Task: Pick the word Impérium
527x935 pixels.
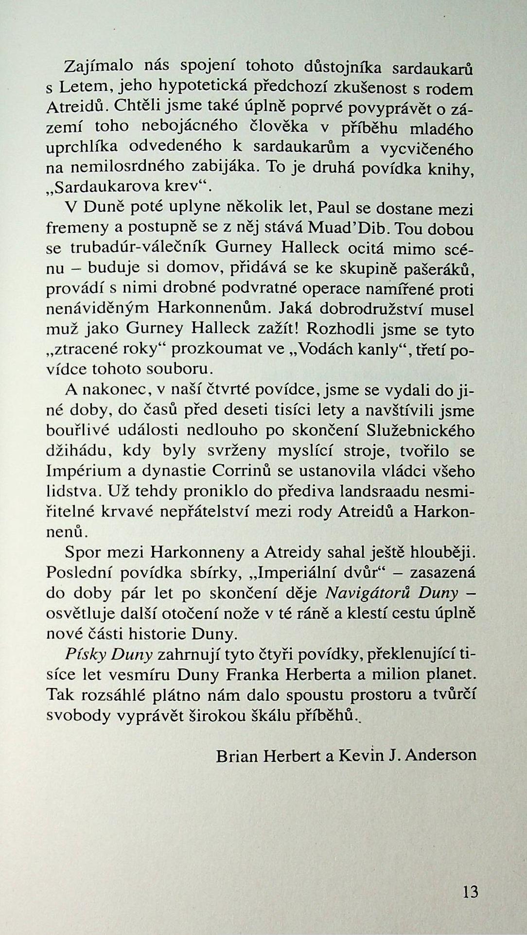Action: click(x=79, y=472)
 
